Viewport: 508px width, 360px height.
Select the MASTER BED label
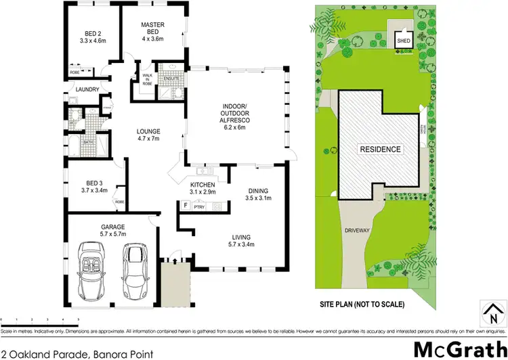pyautogui.click(x=153, y=29)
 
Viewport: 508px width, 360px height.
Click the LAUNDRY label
pyautogui.click(x=88, y=89)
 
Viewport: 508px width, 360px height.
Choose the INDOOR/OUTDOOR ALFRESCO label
pyautogui.click(x=234, y=115)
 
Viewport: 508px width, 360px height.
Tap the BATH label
pyautogui.click(x=88, y=141)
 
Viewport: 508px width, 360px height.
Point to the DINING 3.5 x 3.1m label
pyautogui.click(x=259, y=194)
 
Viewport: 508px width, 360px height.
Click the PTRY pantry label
pyautogui.click(x=199, y=206)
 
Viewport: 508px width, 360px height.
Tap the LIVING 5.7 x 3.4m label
pyautogui.click(x=240, y=240)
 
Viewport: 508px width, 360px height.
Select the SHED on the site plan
pyautogui.click(x=402, y=39)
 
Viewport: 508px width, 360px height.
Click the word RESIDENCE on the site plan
pyautogui.click(x=379, y=149)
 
